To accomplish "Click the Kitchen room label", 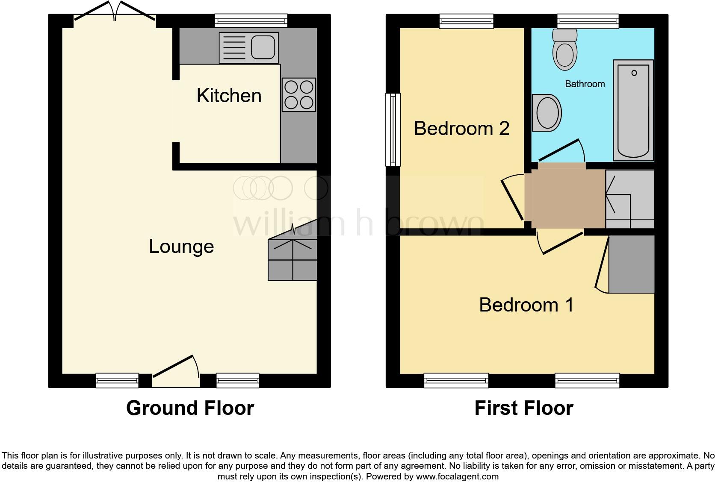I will [x=229, y=95].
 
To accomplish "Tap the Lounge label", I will [x=181, y=247].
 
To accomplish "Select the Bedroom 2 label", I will [x=461, y=129].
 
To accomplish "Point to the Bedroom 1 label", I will [x=526, y=305].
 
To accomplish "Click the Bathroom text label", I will [x=585, y=84].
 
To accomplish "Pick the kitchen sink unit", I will [x=248, y=47].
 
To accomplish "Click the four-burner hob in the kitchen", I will [x=299, y=95].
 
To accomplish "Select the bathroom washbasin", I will [x=547, y=113].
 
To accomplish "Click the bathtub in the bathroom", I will [x=633, y=110].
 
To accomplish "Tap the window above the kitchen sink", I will [x=251, y=21].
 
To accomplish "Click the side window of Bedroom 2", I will [x=393, y=129].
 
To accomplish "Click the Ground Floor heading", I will [x=190, y=408].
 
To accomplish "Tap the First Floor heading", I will [x=524, y=408].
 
